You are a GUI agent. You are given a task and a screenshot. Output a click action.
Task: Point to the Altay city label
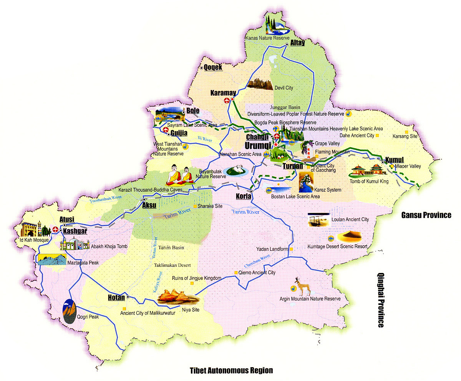297,43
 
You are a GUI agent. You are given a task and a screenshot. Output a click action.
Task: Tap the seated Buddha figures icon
179,176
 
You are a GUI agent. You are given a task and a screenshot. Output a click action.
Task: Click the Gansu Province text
426,215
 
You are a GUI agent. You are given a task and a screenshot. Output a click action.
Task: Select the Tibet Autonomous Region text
231,371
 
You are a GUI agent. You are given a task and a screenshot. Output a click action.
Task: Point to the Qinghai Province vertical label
380,300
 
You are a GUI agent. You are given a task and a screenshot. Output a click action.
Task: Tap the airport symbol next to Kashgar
55,230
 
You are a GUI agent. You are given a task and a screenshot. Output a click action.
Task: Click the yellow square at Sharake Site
195,206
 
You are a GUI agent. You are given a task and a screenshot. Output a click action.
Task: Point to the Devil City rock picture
260,83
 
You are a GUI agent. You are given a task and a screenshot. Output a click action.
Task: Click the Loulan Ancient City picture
318,220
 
